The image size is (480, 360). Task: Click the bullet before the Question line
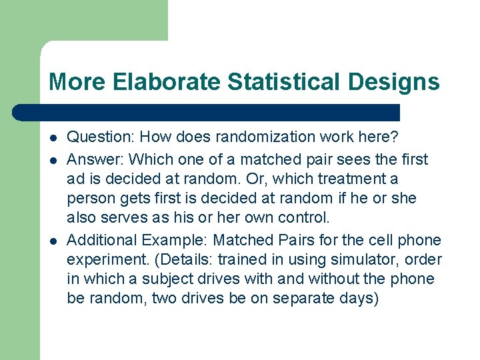[53, 137]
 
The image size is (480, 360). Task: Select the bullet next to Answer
[53, 160]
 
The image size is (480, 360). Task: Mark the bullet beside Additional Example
[53, 240]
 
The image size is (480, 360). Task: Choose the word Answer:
[95, 159]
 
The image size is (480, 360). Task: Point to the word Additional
[99, 239]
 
